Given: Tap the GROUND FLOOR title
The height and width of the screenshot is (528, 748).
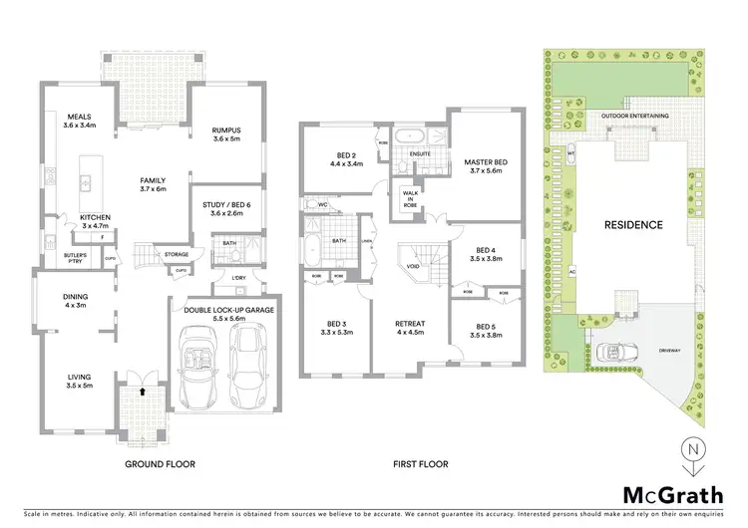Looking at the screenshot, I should pyautogui.click(x=160, y=464).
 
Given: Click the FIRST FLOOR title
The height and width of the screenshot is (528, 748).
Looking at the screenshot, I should pyautogui.click(x=420, y=464).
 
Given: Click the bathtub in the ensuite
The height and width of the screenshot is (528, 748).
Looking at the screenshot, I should pyautogui.click(x=411, y=135).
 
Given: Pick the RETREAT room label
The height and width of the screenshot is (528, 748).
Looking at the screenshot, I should pyautogui.click(x=410, y=324).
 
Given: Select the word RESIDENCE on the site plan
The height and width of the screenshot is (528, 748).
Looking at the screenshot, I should pyautogui.click(x=631, y=225).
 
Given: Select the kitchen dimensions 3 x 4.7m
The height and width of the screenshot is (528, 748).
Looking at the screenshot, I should pyautogui.click(x=96, y=226).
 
